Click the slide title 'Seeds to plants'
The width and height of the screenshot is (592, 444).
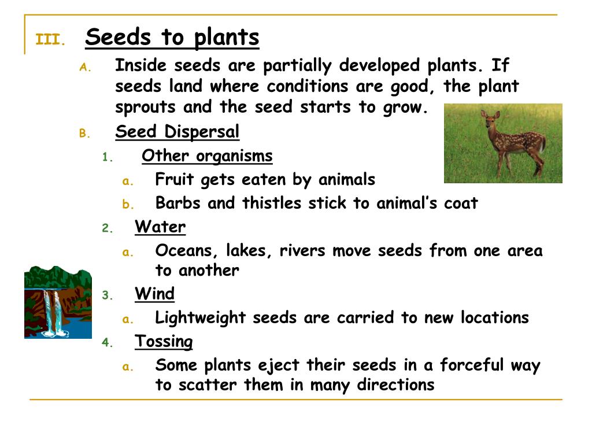click(x=172, y=38)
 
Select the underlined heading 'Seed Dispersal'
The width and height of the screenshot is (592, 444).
click(x=177, y=132)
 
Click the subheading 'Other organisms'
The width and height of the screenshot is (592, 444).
click(x=207, y=156)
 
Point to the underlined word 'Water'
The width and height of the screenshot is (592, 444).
click(x=160, y=227)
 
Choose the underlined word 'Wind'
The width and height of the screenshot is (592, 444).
click(x=154, y=294)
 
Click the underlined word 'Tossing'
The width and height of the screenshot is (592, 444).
click(x=164, y=342)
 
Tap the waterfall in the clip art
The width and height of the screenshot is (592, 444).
click(x=53, y=312)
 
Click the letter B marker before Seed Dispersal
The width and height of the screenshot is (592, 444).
click(x=82, y=134)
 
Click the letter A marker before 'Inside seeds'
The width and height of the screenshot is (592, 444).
click(x=82, y=67)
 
